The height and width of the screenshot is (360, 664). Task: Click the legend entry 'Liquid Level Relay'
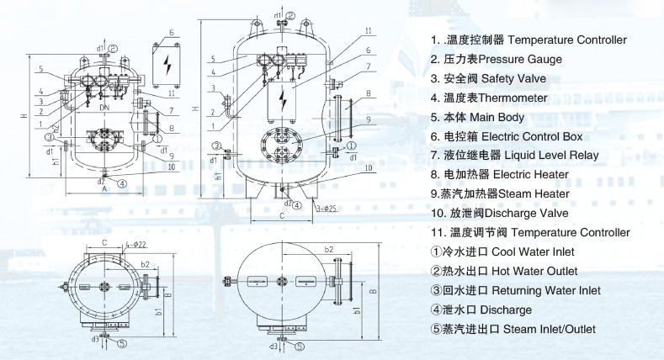click(550, 156)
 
